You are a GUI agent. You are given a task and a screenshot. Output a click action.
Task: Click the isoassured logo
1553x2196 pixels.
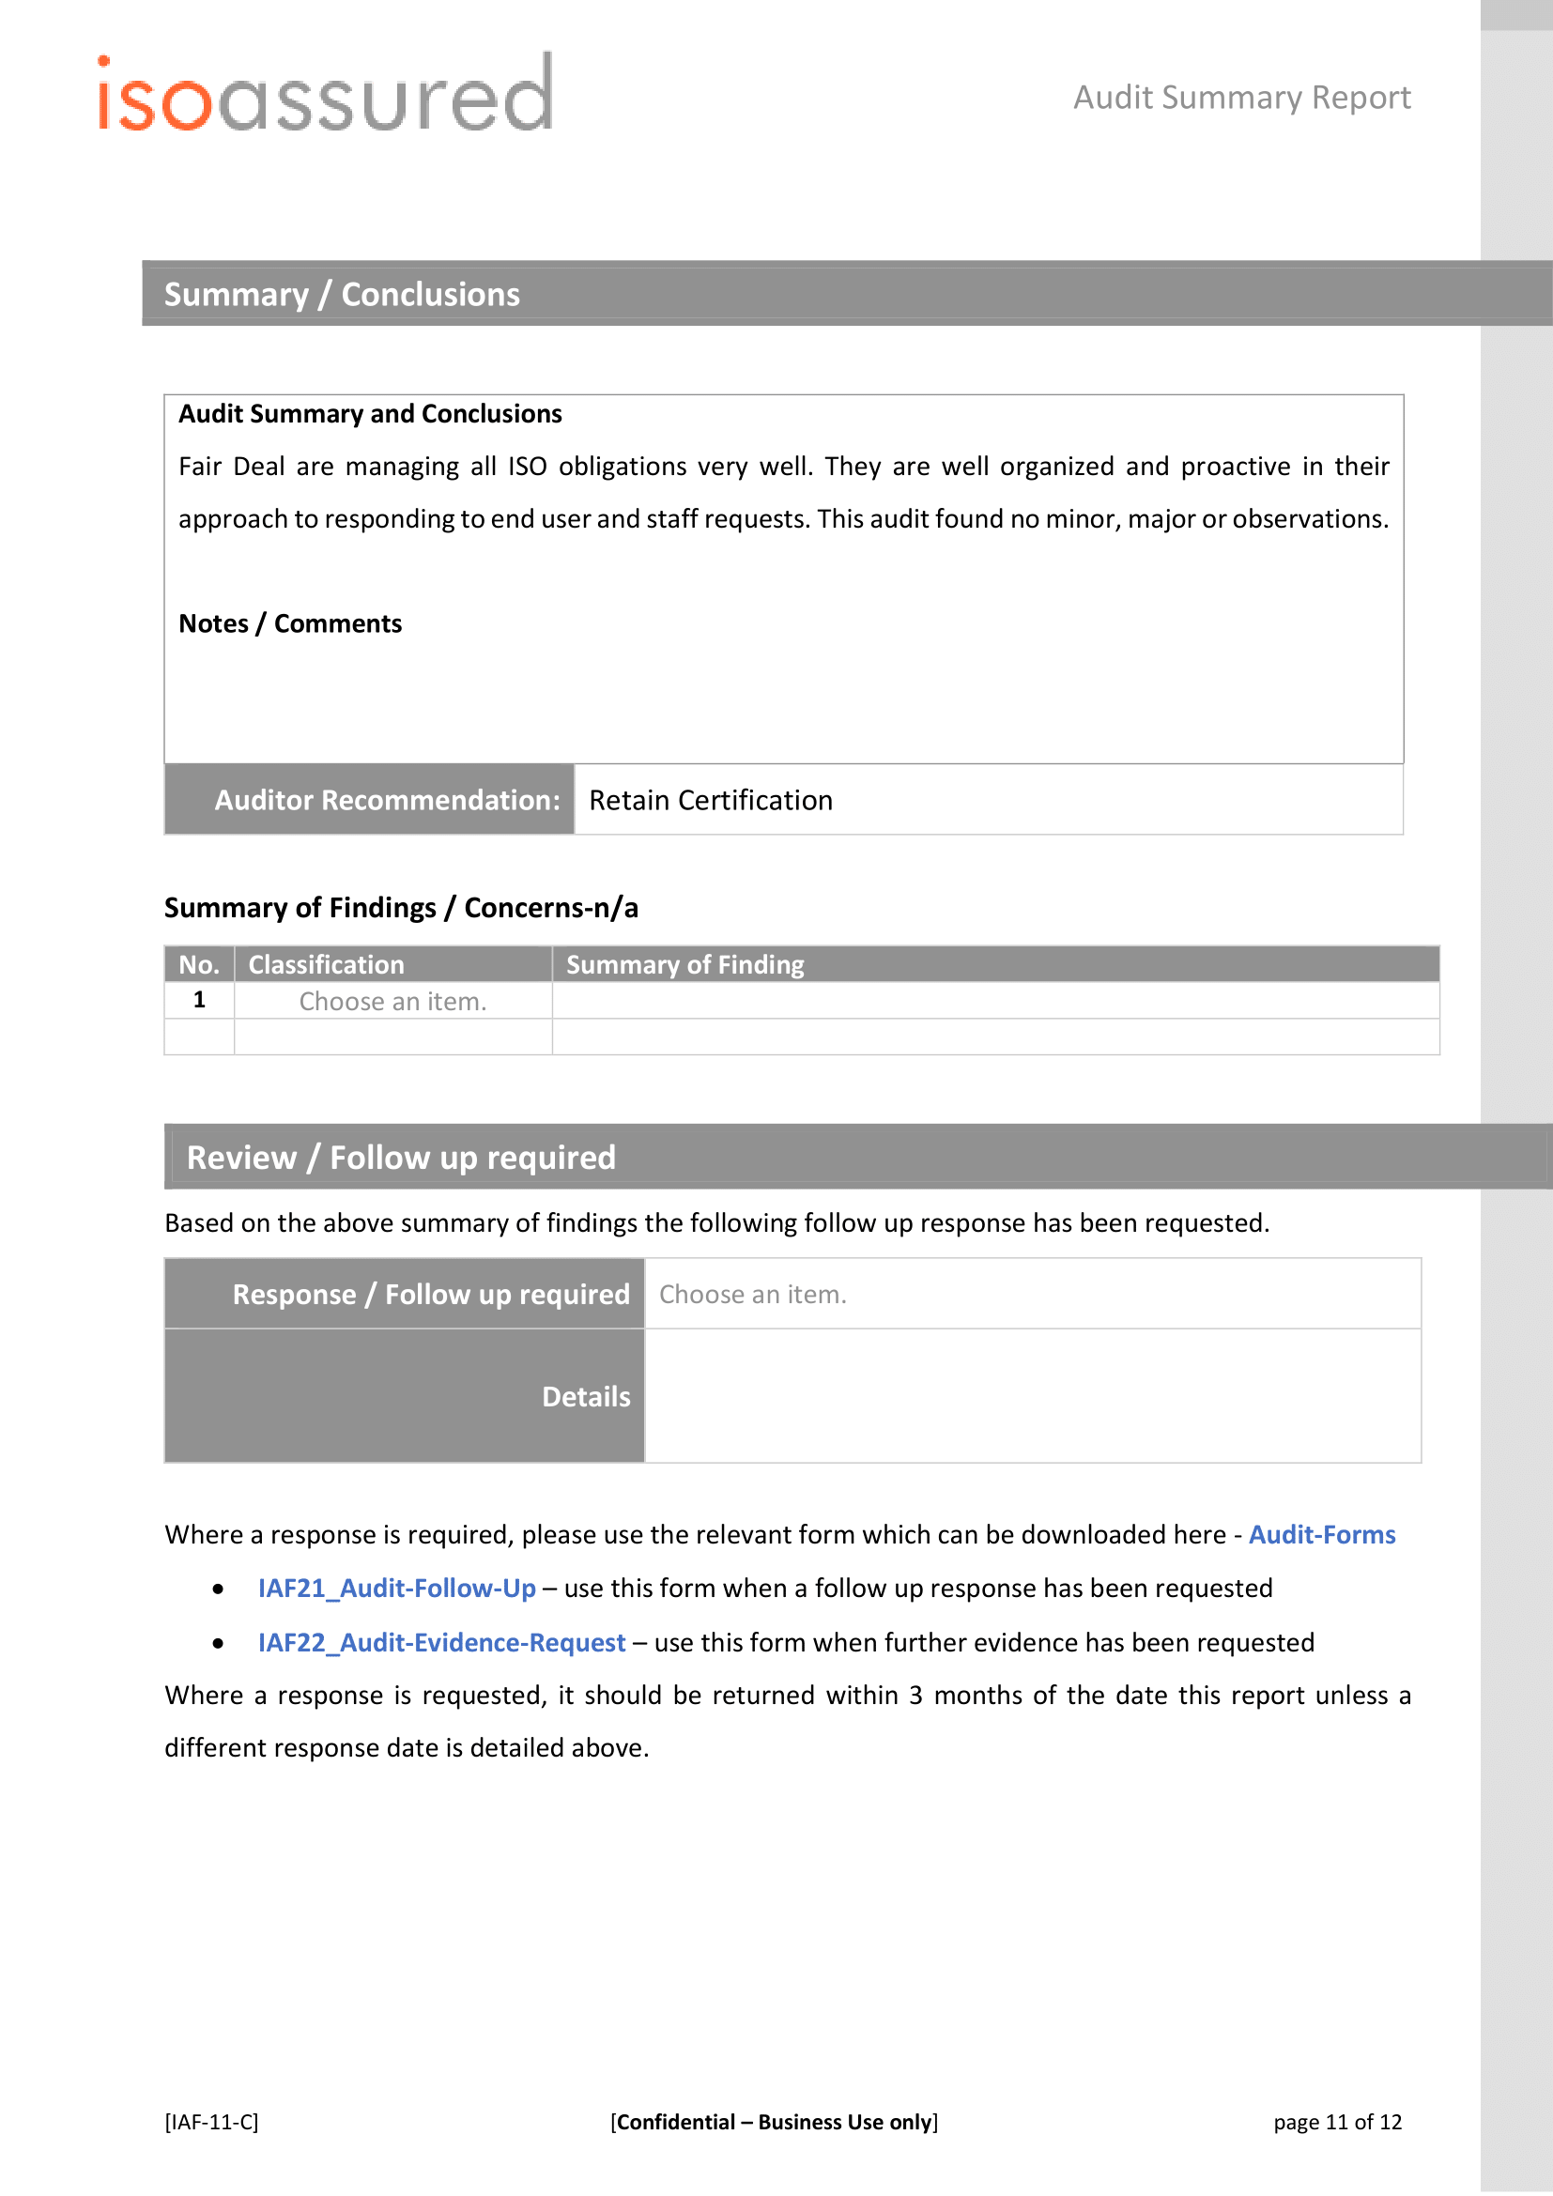pos(324,95)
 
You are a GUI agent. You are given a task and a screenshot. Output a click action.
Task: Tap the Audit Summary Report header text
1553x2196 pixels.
pos(1241,98)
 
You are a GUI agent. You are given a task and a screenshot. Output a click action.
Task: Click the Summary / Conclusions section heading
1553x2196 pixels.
pos(342,295)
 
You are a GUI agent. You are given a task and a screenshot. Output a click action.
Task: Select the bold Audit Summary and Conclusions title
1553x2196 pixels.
pos(370,414)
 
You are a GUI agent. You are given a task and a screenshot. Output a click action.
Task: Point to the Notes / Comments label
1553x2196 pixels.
pos(290,624)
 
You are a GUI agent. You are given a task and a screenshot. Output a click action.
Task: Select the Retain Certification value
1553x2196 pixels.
pos(711,801)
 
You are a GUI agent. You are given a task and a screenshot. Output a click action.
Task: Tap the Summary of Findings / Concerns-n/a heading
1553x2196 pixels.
pos(401,908)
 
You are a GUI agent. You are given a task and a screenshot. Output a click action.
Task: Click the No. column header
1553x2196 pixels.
pos(199,965)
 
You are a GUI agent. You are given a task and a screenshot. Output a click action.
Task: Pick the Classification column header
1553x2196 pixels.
pos(326,965)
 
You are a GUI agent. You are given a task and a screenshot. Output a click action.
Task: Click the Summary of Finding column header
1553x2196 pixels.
pos(684,965)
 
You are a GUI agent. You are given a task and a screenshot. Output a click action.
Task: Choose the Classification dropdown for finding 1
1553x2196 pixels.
pos(392,1002)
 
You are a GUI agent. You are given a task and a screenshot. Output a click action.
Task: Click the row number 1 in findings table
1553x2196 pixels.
pos(199,1001)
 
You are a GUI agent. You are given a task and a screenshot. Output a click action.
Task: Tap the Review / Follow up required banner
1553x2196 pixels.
pos(401,1159)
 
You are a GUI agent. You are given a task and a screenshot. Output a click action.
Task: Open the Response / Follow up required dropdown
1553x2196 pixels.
pos(753,1295)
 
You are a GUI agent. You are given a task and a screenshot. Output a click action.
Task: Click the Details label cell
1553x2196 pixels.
pos(585,1397)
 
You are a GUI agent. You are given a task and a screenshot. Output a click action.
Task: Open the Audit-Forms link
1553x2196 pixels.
pos(1322,1535)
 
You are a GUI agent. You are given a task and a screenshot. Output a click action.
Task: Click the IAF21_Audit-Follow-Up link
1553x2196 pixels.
pos(397,1589)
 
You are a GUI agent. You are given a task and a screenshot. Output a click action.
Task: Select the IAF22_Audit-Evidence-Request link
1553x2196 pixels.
pos(442,1643)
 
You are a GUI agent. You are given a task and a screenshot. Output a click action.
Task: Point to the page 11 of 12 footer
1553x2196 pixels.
pos(1337,2123)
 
